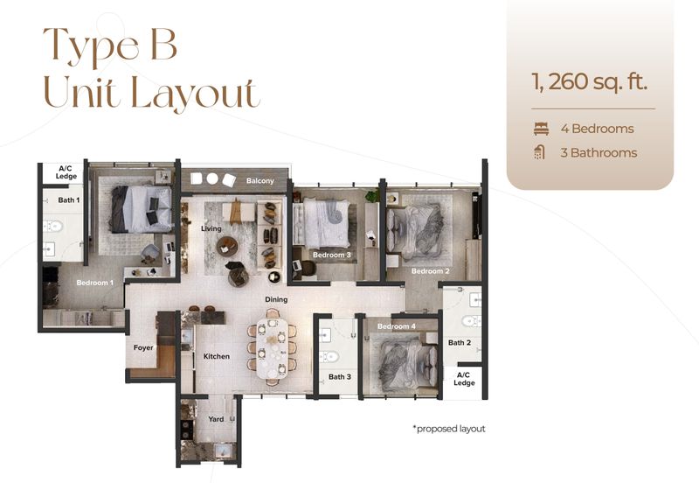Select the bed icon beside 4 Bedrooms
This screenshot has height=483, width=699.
click(x=540, y=129)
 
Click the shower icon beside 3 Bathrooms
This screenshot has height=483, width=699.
click(x=540, y=152)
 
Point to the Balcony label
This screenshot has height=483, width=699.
click(x=260, y=181)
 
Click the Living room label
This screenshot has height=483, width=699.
click(x=211, y=228)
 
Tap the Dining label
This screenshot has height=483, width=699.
click(x=277, y=299)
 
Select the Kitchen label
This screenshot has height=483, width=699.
click(x=216, y=357)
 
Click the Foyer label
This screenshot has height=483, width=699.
click(x=143, y=346)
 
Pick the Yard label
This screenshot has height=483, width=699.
click(x=216, y=419)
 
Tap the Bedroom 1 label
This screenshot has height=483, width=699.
click(x=94, y=283)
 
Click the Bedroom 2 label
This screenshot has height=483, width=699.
click(x=430, y=271)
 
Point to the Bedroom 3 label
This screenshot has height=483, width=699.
click(x=332, y=255)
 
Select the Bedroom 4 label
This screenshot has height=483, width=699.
click(x=397, y=326)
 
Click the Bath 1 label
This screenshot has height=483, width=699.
click(x=68, y=200)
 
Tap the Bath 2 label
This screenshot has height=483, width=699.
click(x=460, y=342)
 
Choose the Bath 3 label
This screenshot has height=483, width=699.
click(x=341, y=377)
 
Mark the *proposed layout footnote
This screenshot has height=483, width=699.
click(x=448, y=429)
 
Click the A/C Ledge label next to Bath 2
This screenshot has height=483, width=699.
click(x=464, y=379)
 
